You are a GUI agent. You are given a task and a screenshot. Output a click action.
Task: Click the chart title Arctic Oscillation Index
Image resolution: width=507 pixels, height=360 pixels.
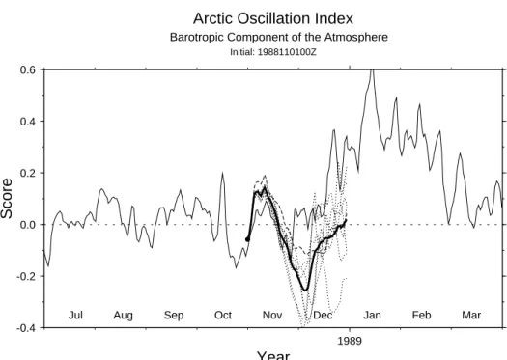coord(273,18)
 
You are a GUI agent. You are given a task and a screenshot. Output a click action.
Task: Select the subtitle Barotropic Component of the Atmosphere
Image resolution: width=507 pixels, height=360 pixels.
coord(279,38)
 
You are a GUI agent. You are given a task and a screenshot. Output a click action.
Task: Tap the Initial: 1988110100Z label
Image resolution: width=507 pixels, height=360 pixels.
coord(273,52)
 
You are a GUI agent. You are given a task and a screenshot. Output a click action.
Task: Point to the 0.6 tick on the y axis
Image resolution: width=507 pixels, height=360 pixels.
coord(27,69)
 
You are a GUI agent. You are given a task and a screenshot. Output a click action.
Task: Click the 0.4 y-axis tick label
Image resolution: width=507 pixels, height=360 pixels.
coord(27,122)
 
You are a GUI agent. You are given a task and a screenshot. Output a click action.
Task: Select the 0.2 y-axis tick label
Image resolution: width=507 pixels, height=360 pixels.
coord(27,173)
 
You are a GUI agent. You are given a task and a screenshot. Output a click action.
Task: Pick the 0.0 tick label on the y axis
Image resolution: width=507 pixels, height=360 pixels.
coord(27,225)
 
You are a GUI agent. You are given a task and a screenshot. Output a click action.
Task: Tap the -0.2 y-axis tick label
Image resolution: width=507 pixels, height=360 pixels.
coord(26,276)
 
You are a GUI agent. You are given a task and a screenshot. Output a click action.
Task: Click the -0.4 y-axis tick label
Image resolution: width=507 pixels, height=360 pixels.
coord(26,328)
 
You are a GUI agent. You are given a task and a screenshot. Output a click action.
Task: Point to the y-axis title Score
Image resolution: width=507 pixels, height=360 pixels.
coord(7,199)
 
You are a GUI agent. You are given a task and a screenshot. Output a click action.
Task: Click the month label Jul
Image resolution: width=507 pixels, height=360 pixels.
coord(75,315)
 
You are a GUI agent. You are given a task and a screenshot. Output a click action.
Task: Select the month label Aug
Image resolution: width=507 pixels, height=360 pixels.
coord(124,315)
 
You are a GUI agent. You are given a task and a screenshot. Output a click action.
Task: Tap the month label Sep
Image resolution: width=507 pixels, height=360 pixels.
coord(174,315)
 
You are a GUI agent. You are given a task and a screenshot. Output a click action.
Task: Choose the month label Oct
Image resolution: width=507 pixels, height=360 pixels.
coord(223,315)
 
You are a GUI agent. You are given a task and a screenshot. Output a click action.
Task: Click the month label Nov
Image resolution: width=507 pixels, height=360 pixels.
coord(272,315)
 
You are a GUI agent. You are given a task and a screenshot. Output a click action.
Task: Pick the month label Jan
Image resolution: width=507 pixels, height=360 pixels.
coord(372,315)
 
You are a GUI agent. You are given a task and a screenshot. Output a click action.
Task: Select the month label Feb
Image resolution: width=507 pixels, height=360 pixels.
coord(422,315)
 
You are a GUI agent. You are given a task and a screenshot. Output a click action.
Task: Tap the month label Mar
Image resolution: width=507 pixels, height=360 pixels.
coord(471,315)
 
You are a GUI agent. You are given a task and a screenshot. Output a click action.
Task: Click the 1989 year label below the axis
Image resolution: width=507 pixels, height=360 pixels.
coord(350,341)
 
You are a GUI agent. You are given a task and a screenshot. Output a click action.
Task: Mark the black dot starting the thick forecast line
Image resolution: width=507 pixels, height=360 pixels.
coord(247,239)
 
